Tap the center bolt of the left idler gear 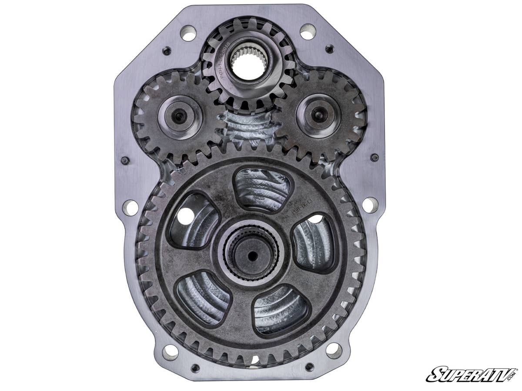179,116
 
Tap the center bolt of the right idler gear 319,115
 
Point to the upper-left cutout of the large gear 194,220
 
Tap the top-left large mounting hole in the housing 188,33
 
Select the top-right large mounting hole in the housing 308,31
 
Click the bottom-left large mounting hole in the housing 170,352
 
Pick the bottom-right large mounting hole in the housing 334,350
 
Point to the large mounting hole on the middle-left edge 130,208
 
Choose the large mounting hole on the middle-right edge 370,205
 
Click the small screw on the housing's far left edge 125,160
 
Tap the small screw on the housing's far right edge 374,157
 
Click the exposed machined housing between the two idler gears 248,126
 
